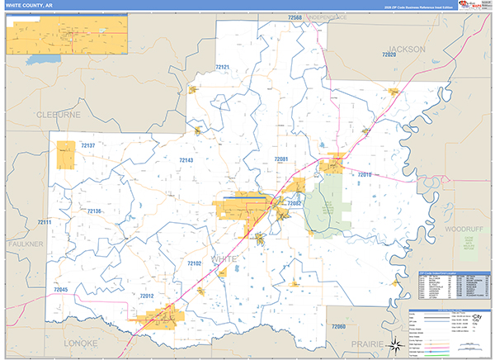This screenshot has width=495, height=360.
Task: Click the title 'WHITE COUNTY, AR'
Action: coord(31,7)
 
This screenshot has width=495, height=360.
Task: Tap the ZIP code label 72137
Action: coord(88,145)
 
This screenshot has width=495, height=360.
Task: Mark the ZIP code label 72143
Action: coord(186,160)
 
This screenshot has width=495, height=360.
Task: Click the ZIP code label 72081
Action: coord(282,159)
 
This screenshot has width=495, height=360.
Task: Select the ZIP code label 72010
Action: coord(365,175)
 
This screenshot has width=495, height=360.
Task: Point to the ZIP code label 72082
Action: coord(295,203)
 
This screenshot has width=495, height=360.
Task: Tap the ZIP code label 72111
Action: coord(45,223)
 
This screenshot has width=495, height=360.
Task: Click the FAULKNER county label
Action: coord(25,244)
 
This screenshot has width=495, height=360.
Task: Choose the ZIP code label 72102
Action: coord(194,263)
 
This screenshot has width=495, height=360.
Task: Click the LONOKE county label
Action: coord(82,342)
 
